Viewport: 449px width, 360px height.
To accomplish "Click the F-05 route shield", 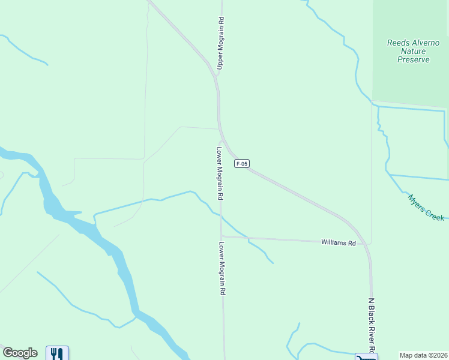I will click(242, 163).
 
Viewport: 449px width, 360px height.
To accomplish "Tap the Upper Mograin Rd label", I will click(220, 44).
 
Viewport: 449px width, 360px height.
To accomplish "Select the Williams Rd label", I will click(339, 243).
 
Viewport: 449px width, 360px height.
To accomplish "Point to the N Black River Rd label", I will click(372, 326).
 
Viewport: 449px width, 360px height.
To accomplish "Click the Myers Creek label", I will click(426, 208).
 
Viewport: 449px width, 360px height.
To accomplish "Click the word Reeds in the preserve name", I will click(399, 43).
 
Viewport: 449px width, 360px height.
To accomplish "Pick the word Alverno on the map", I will click(425, 43).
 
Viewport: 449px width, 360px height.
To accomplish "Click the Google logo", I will click(20, 353).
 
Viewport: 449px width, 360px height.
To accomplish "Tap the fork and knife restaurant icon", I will click(57, 353).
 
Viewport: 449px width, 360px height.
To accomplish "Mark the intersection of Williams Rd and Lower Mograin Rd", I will click(221, 236).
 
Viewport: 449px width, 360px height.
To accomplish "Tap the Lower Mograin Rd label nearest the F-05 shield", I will click(220, 173).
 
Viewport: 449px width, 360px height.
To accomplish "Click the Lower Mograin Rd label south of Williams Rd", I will click(221, 268).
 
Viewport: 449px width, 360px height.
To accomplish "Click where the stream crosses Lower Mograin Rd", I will click(221, 214).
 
